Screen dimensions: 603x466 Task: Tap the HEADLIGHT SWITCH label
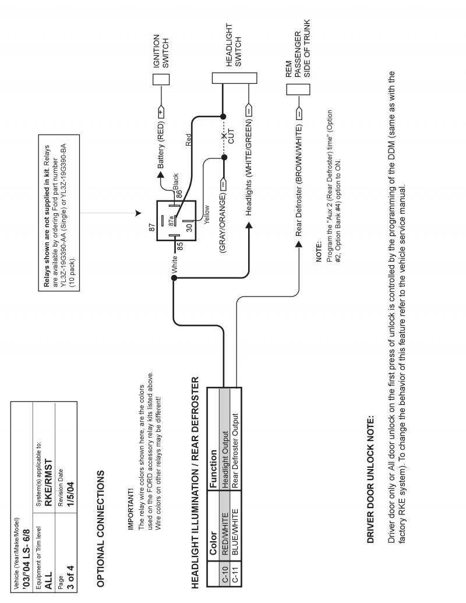coord(233,45)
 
